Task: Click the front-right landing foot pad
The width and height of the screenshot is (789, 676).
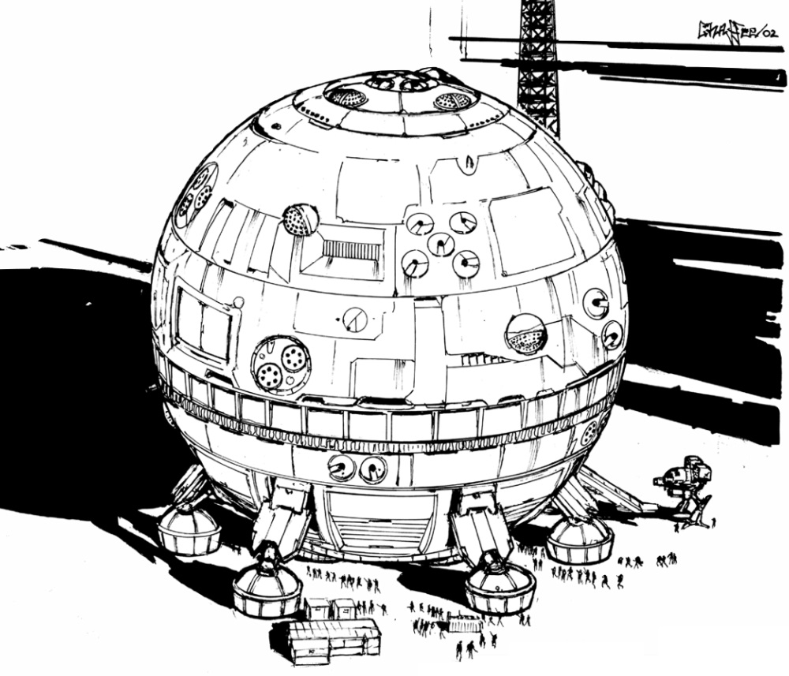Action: tap(500, 588)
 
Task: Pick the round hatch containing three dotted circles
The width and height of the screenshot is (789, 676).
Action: tap(281, 365)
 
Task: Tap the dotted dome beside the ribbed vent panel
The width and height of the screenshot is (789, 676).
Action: tap(300, 220)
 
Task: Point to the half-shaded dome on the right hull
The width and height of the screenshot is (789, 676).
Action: tap(526, 334)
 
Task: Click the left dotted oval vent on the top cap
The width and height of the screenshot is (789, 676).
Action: tap(346, 97)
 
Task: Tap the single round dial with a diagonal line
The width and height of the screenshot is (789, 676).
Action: tap(355, 319)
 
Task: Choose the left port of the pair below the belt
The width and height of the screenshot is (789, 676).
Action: tap(341, 469)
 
